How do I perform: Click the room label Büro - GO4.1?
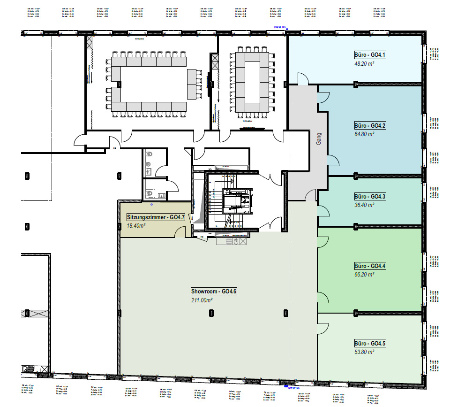[x=370, y=55]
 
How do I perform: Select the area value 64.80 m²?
[x=364, y=134]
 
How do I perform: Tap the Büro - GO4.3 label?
[x=370, y=196]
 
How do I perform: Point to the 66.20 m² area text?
[x=364, y=274]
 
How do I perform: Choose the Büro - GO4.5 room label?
[x=370, y=344]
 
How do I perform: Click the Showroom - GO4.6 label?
[x=214, y=292]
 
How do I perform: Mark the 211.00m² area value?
[x=202, y=300]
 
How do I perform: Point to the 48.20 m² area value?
[x=364, y=64]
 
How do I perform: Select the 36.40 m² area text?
[x=364, y=205]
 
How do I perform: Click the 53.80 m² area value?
[x=364, y=352]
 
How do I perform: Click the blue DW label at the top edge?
[x=280, y=27]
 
